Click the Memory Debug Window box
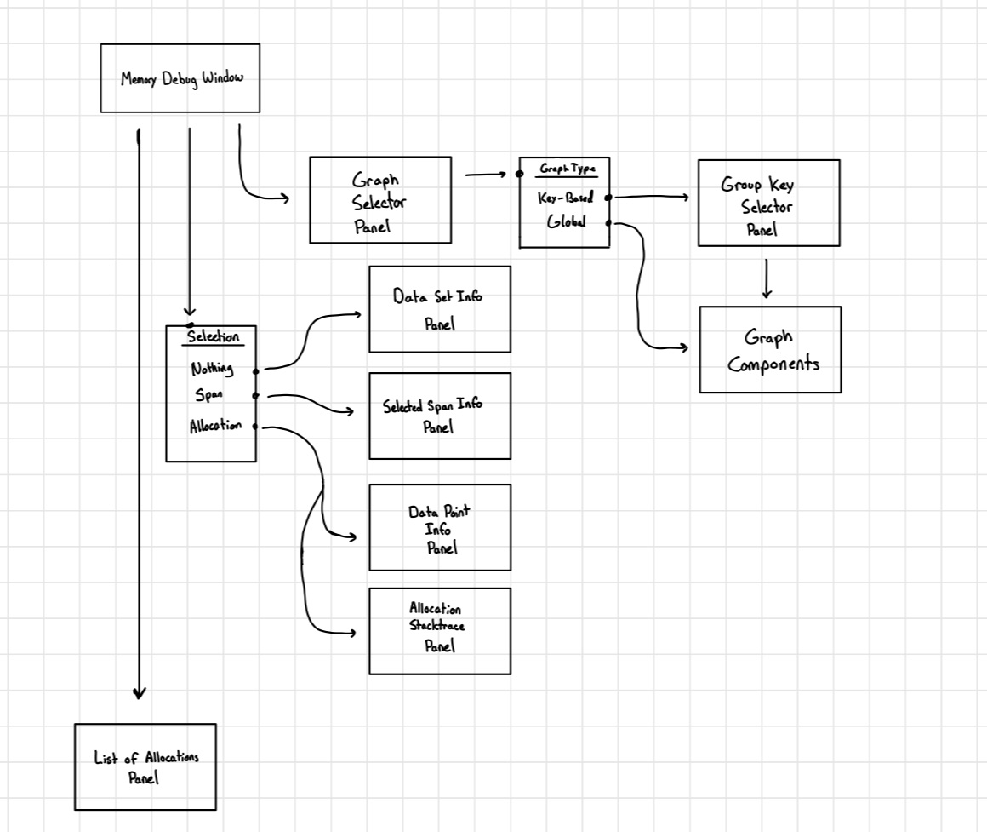(180, 78)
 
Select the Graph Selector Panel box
(380, 200)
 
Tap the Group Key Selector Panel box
(768, 203)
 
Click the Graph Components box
(770, 349)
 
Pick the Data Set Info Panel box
(439, 309)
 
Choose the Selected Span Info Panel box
(439, 416)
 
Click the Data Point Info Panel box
(439, 528)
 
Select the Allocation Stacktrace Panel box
(439, 631)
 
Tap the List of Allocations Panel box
(145, 766)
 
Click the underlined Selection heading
(213, 337)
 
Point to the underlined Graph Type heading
(566, 169)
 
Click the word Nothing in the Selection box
(212, 370)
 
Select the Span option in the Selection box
(209, 396)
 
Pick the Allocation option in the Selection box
(215, 426)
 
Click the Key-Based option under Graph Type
(565, 198)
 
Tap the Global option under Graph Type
(566, 223)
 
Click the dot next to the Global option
(608, 223)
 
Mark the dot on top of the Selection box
(190, 324)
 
